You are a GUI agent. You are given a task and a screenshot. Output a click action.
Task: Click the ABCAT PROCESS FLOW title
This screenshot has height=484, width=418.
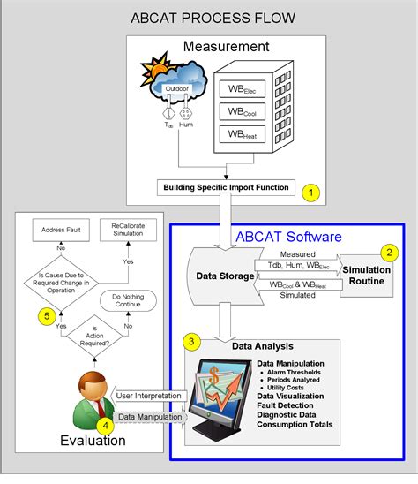click(x=213, y=18)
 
